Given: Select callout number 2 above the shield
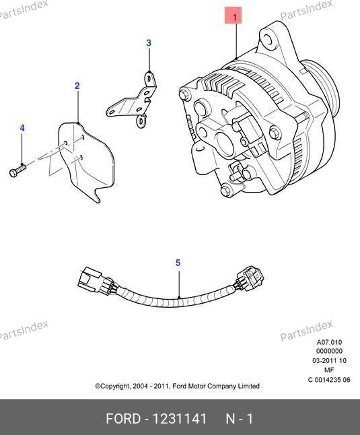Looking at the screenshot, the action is (77, 86).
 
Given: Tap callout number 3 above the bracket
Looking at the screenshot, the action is (149, 43).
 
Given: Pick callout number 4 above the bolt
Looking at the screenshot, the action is (22, 128).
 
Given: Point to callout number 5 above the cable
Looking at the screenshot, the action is (178, 263).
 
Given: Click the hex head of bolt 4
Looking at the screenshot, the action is (13, 173).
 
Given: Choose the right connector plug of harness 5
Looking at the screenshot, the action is (250, 278).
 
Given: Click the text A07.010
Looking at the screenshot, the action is (329, 342).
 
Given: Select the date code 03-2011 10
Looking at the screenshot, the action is (329, 361).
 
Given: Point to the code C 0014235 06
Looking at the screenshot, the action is (329, 380).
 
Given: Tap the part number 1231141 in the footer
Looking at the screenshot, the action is (180, 419).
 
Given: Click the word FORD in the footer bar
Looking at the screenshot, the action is (123, 419).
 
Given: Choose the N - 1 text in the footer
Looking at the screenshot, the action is (240, 419).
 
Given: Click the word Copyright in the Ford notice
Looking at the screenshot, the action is (112, 386).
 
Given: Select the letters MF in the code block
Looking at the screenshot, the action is (329, 370).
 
